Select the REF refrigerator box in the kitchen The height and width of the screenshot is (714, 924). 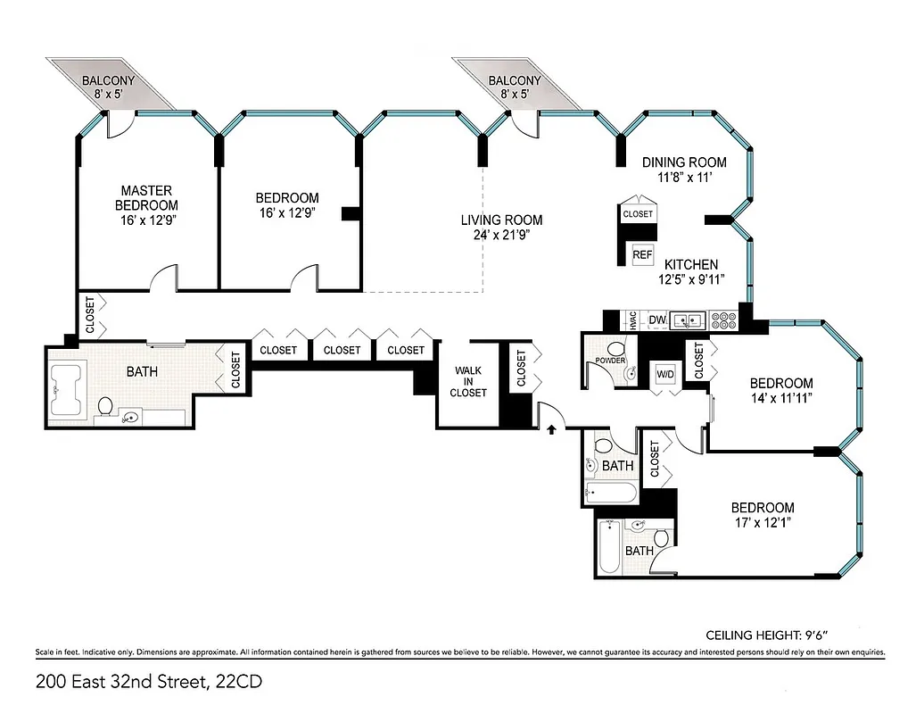pos(642,254)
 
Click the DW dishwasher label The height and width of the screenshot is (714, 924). pos(657,320)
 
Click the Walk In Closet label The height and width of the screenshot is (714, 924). pos(468,381)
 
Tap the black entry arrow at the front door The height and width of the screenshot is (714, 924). pos(551,430)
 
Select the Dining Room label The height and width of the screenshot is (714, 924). pos(684,162)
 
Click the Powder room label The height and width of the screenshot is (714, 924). pos(606,361)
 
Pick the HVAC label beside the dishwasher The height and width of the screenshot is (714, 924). pos(632,320)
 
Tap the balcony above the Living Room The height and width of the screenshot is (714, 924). pos(514,87)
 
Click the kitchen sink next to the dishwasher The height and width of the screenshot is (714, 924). pos(689,319)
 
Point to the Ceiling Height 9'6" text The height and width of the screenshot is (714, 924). pos(764,635)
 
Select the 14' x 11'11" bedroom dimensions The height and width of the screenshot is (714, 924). pos(781,400)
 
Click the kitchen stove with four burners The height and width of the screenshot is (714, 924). pos(722,319)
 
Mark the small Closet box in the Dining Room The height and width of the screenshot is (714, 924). pos(638,214)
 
